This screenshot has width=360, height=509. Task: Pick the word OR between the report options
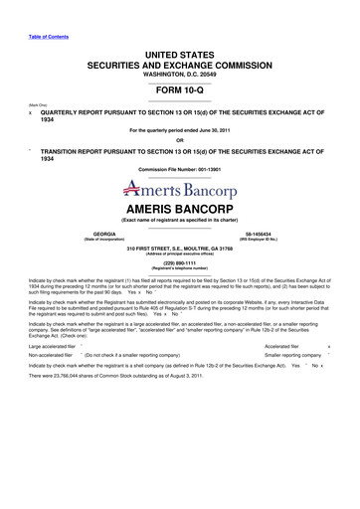coord(179,138)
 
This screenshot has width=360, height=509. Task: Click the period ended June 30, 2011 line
coord(179,130)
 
